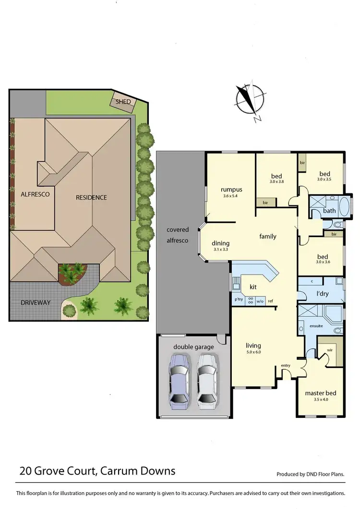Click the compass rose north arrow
pyautogui.click(x=250, y=101)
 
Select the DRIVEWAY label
pyautogui.click(x=35, y=303)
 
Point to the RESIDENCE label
pyautogui.click(x=91, y=197)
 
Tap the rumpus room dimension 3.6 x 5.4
pyautogui.click(x=230, y=196)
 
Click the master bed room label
pyautogui.click(x=321, y=393)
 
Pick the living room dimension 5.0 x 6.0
pyautogui.click(x=253, y=352)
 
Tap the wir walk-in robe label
pyautogui.click(x=330, y=351)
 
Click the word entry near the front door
pyautogui.click(x=286, y=366)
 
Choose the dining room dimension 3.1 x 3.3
pyautogui.click(x=221, y=249)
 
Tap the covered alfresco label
pyautogui.click(x=178, y=235)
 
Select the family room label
pyautogui.click(x=268, y=236)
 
